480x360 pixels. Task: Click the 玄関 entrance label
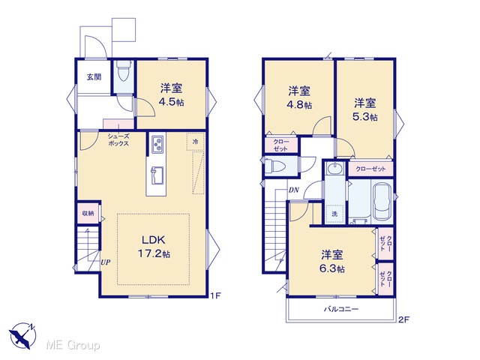[94, 76]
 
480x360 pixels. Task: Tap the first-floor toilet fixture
[124, 70]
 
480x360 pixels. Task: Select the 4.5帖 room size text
[171, 102]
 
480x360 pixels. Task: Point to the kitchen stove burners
[157, 144]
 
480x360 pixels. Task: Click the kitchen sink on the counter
[157, 175]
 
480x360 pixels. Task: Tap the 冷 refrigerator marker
[195, 142]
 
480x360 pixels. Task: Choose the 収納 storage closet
[88, 213]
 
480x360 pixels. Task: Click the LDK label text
[153, 240]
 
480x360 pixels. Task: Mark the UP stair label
[105, 262]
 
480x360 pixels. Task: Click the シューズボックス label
[118, 140]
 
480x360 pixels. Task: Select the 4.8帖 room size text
[299, 105]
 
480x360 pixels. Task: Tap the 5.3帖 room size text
[365, 117]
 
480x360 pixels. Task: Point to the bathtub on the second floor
[382, 202]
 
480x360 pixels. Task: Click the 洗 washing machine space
[335, 214]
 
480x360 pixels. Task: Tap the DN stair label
[293, 190]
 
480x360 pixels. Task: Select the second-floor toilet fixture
[275, 166]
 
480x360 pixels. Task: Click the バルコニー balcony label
[341, 309]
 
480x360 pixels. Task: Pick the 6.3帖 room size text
[332, 268]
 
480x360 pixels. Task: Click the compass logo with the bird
[22, 335]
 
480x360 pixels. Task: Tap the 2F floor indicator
[403, 319]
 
